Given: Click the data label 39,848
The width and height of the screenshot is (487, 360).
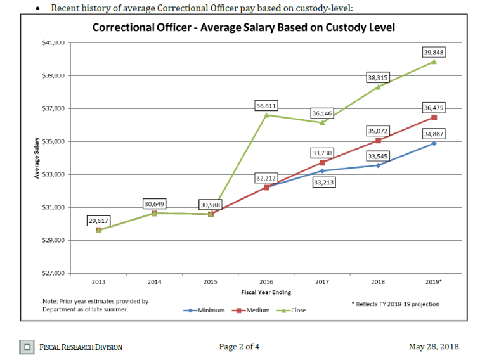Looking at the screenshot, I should click(x=434, y=52).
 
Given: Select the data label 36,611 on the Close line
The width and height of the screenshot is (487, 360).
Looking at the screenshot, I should click(x=266, y=106).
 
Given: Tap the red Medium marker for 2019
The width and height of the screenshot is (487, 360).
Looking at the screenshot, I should click(x=434, y=117).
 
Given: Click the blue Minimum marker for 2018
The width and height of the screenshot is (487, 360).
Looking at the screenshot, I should click(x=379, y=165).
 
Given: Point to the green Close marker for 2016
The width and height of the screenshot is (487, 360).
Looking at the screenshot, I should click(x=266, y=115).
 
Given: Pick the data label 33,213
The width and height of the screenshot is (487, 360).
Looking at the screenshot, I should click(x=322, y=183).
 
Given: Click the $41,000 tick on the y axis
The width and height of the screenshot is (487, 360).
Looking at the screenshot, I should click(x=53, y=42).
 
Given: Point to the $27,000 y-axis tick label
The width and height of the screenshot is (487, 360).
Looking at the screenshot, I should click(x=53, y=273).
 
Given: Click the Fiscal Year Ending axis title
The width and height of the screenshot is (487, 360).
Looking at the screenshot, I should click(x=266, y=292).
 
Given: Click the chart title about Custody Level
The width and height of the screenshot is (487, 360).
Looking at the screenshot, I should click(x=243, y=28).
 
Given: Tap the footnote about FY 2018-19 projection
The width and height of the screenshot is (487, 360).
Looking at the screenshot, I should click(x=395, y=304).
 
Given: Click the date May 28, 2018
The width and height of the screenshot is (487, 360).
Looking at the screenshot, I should click(x=434, y=347).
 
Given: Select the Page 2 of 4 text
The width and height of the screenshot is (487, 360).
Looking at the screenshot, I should click(x=239, y=347).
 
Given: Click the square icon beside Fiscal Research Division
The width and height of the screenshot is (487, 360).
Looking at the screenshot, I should click(x=27, y=347).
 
